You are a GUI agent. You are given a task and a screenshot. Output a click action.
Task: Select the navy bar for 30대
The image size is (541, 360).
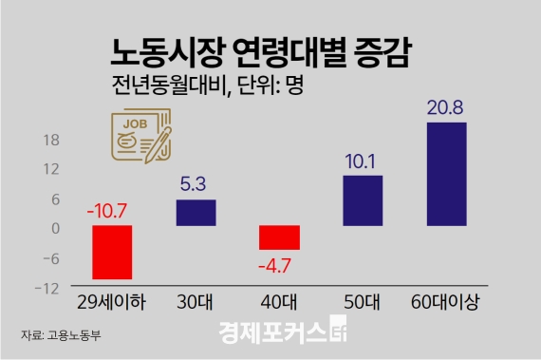tap(196, 213)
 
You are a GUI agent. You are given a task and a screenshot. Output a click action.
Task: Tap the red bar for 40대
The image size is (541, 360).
tap(279, 237)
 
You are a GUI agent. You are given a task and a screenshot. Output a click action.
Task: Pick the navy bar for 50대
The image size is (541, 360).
tap(363, 200)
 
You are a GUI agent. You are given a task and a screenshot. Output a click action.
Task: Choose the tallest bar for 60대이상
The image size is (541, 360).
tap(446, 174)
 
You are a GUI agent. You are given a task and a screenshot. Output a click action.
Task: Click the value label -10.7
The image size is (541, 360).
tap(111, 210)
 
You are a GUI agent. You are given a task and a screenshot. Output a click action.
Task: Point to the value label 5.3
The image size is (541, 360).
tap(196, 185)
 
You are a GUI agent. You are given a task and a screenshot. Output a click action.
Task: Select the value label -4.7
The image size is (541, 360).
tap(279, 266)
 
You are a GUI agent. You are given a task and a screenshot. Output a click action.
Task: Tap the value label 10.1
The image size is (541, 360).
tap(363, 161)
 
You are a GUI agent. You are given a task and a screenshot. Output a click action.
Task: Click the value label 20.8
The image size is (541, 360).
tap(446, 107)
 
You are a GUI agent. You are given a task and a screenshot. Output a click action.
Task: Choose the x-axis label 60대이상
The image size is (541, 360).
tap(446, 304)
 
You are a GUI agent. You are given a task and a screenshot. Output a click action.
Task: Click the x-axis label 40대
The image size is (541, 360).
tap(279, 304)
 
